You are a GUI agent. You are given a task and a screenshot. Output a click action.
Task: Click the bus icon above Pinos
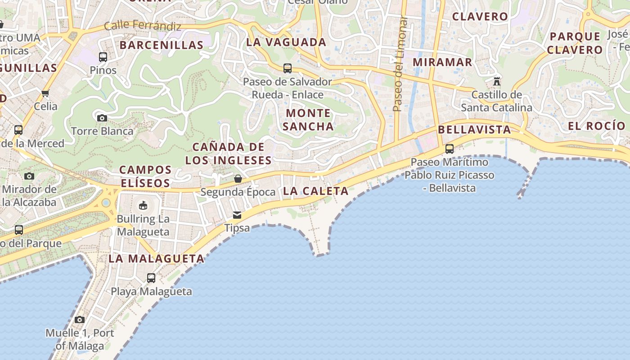tap(103, 57)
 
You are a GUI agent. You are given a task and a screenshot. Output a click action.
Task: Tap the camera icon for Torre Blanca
tap(102, 118)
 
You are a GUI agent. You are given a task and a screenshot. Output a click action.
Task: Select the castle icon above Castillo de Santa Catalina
tap(497, 81)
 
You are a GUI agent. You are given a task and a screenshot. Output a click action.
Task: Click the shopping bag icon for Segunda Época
tap(238, 179)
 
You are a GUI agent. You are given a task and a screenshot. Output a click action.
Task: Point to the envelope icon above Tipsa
tap(237, 215)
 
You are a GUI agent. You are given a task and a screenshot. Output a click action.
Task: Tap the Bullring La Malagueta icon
tap(143, 206)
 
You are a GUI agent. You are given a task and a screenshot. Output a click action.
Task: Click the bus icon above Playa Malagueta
tap(151, 278)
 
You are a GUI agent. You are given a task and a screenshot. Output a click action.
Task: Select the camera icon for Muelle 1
tap(80, 319)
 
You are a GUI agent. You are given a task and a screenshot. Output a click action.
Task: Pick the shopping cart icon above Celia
tap(45, 93)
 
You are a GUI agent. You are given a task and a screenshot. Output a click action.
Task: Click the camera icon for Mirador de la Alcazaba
tap(29, 176)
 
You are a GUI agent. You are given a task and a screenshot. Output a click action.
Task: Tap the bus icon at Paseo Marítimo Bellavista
tap(449, 148)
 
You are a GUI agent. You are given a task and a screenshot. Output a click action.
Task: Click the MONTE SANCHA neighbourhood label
tap(308, 120)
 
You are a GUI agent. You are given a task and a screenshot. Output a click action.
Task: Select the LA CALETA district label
tap(316, 191)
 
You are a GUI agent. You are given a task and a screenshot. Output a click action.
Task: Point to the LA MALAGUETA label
tap(157, 259)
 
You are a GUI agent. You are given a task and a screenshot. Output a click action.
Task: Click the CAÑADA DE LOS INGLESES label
tap(229, 153)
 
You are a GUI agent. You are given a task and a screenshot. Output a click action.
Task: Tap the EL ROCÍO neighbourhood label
tap(596, 126)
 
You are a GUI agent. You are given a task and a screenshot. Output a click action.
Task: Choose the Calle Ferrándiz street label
tap(143, 26)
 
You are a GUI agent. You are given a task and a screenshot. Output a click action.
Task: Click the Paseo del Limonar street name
tap(398, 64)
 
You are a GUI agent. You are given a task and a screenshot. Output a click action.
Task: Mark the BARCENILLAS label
tap(162, 45)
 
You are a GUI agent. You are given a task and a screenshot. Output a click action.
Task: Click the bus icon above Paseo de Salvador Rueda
tap(288, 68)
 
